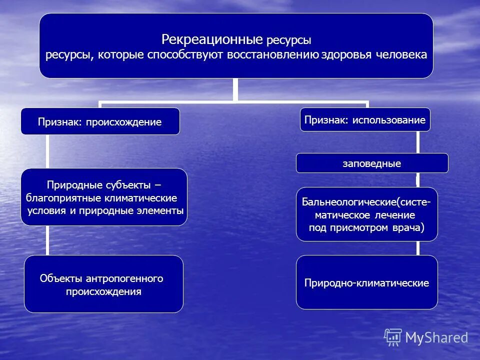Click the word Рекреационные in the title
pyautogui.click(x=212, y=39)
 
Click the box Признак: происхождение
pyautogui.click(x=100, y=121)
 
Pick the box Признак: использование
pyautogui.click(x=365, y=119)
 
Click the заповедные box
pyautogui.click(x=371, y=163)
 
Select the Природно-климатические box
pyautogui.click(x=366, y=283)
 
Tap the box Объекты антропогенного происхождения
pyautogui.click(x=103, y=284)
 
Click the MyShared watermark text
pyautogui.click(x=436, y=337)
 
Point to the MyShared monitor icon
pyautogui.click(x=393, y=337)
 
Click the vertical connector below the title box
pyautogui.click(x=235, y=89)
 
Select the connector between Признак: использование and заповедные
pyautogui.click(x=417, y=142)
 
